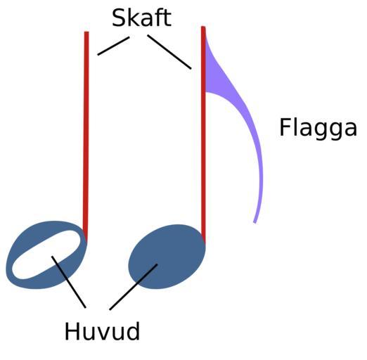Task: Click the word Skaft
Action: click(141, 18)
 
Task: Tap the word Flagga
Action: click(318, 129)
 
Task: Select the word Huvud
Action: click(102, 331)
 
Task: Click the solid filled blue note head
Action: click(167, 257)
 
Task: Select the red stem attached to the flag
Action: click(203, 134)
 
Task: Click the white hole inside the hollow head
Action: click(47, 255)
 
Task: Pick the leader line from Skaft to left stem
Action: click(113, 46)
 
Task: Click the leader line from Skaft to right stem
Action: click(169, 52)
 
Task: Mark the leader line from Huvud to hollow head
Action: click(69, 282)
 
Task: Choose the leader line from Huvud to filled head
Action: click(134, 287)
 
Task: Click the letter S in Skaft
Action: click(119, 18)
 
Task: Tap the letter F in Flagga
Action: click(285, 127)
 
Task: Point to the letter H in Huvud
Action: click(72, 331)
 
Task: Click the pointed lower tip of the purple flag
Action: click(255, 223)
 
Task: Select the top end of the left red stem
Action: click(86, 32)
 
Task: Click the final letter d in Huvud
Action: click(134, 331)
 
